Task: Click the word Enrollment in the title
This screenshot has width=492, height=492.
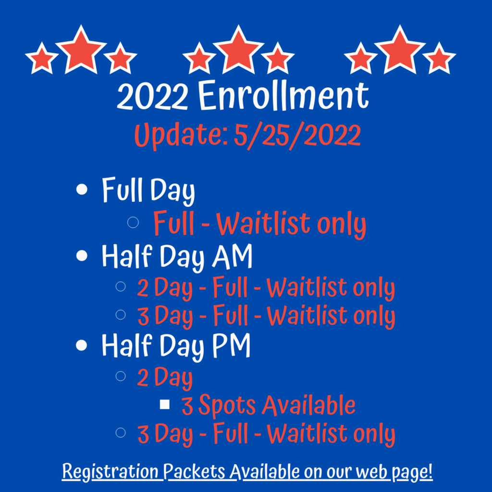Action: (283, 95)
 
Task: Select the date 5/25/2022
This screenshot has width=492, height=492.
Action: (297, 136)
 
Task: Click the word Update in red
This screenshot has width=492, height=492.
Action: (181, 136)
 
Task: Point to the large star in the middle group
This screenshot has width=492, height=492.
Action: (238, 49)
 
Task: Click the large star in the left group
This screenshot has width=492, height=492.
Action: (81, 49)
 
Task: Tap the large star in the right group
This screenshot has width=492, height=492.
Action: (400, 49)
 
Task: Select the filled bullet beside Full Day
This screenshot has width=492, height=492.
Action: (82, 189)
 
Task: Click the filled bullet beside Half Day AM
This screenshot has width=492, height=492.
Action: (82, 256)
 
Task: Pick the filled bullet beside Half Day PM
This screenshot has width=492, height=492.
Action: (82, 345)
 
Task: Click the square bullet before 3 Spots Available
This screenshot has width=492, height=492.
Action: (165, 405)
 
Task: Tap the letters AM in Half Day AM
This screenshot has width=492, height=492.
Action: (232, 256)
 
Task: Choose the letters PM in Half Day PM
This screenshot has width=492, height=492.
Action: (231, 345)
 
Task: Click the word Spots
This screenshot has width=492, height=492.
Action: (227, 406)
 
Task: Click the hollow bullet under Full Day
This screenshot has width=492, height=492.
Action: (133, 222)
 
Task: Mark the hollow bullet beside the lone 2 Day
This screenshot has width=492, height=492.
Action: (121, 376)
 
